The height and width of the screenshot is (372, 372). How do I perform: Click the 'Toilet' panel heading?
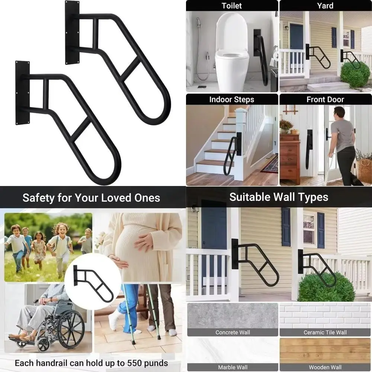(231, 6)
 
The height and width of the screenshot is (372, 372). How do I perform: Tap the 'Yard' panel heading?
(325, 6)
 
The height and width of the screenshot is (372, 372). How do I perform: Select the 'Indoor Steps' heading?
(231, 99)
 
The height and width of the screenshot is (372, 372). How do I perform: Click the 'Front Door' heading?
(325, 99)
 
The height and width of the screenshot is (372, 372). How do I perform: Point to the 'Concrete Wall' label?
(232, 332)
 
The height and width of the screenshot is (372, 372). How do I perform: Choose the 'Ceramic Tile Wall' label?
(325, 332)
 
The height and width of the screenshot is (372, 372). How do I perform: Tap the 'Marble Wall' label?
(232, 367)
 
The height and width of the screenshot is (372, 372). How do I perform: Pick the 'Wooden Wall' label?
(325, 367)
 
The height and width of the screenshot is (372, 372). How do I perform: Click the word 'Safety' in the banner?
(39, 198)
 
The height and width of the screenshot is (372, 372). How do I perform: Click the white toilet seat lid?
(231, 32)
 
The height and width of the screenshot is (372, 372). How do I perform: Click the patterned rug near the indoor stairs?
(270, 164)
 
